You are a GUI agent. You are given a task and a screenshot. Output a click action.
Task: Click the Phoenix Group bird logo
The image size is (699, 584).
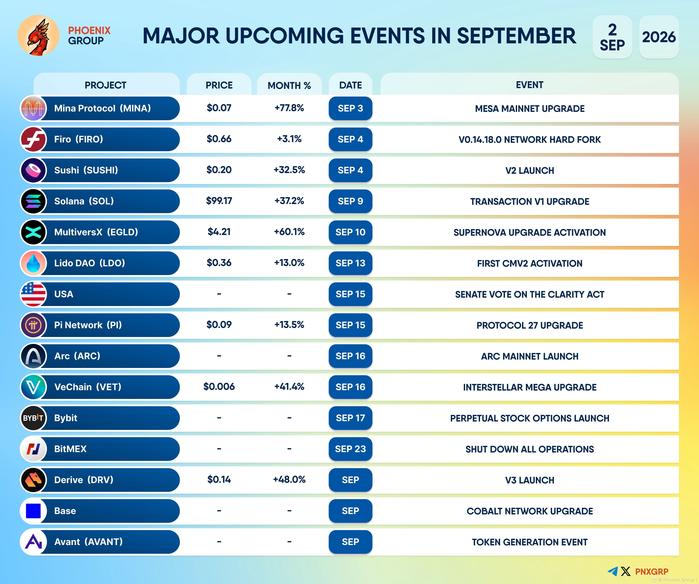point(38,35)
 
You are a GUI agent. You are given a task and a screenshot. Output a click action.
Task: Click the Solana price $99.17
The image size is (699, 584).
point(219,201)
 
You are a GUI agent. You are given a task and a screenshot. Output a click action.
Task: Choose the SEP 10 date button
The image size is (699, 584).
point(350,232)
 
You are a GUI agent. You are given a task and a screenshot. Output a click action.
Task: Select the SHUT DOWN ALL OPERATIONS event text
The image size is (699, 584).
point(530,449)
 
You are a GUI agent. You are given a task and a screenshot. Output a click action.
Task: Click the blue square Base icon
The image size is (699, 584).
point(33,511)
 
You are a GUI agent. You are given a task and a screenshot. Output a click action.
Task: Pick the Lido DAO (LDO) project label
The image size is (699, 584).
point(90,263)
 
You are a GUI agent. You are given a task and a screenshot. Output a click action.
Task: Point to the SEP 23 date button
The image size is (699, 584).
point(350,449)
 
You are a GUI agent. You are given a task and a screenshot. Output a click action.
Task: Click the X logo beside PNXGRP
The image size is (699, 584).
point(625,571)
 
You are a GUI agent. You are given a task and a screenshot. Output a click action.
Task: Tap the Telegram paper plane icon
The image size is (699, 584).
point(613,571)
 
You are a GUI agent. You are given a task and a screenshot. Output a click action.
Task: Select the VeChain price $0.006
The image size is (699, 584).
point(219,386)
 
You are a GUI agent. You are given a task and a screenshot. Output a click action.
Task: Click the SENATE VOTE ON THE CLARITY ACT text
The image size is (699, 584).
point(530,294)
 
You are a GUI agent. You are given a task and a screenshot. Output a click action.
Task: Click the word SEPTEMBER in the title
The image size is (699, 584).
point(516,36)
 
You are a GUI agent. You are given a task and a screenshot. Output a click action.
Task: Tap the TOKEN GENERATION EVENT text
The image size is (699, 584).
point(530,542)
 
